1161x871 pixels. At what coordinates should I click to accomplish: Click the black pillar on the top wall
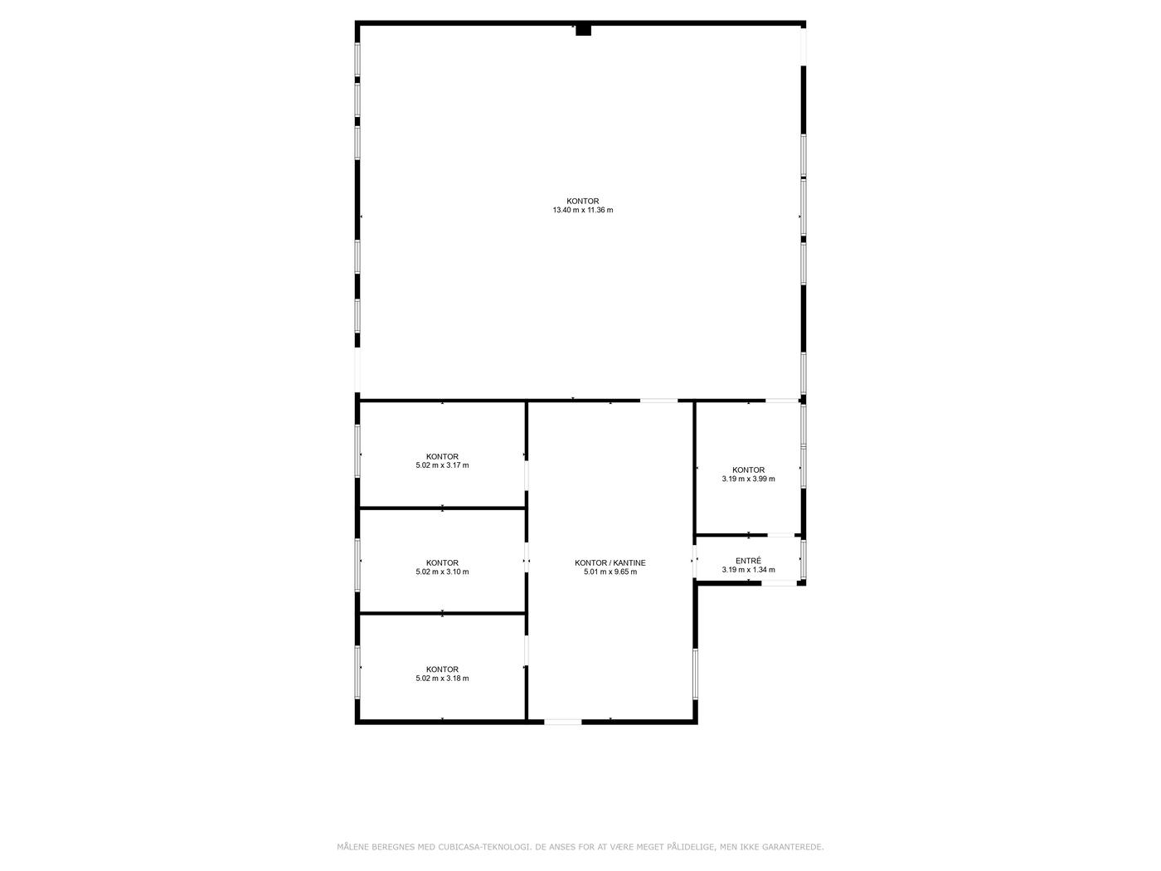583,30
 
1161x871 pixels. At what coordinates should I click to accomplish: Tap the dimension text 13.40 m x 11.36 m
583,210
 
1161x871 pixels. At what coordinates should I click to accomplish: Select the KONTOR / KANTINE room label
610,562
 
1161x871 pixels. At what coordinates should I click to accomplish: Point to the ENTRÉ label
748,561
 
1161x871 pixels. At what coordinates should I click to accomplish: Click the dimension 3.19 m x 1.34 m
748,570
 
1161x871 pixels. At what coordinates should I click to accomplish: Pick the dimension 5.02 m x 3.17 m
442,465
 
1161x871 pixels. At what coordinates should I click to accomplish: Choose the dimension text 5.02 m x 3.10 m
442,572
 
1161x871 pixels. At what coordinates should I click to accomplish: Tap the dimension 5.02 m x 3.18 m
442,678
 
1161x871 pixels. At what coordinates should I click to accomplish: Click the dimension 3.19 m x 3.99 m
748,479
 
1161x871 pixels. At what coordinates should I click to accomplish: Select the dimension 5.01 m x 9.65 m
610,572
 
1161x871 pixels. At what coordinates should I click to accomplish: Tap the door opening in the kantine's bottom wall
563,722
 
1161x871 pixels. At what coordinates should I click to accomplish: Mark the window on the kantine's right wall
695,674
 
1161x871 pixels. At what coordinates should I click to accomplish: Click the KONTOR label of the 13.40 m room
583,201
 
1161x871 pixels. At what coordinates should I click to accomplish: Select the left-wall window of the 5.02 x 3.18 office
357,672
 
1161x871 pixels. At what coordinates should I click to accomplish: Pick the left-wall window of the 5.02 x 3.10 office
357,565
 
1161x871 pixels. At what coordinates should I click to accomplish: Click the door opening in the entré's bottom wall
779,583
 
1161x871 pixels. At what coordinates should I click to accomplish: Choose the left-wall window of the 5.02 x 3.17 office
357,451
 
